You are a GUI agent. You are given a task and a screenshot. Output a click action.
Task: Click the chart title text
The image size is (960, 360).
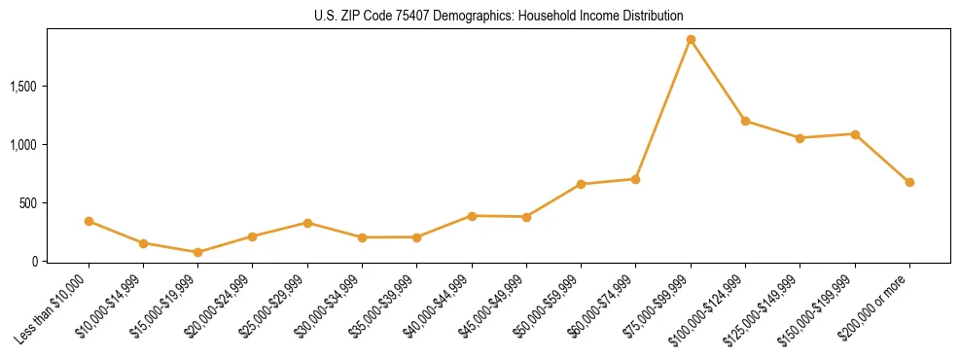pos(499,17)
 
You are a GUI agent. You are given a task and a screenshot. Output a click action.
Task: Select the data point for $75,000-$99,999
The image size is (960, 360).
pos(691,40)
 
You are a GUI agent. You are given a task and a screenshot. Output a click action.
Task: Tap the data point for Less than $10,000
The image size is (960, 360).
pos(89,222)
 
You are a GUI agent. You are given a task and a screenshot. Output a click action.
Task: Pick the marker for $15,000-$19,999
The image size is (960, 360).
pos(198,252)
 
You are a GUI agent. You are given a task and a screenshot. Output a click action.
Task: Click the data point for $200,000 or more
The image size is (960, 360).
pos(909,182)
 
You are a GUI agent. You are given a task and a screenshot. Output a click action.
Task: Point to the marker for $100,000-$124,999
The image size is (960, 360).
pos(745,121)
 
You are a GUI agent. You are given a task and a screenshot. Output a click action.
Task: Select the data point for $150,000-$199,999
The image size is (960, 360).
pos(855,134)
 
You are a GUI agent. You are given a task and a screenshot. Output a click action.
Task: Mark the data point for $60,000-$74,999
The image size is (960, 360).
pos(635,179)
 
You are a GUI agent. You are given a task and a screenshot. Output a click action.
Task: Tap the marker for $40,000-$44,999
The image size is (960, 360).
pos(472,216)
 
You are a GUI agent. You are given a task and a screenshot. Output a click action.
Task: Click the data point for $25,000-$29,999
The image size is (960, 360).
pos(307,223)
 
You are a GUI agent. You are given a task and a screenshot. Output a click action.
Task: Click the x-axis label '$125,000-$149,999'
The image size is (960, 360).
pos(767,307)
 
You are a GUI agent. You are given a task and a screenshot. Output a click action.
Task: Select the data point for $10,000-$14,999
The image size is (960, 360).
pos(143,243)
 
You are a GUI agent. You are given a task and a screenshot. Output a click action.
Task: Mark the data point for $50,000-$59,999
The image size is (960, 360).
pos(581,184)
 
